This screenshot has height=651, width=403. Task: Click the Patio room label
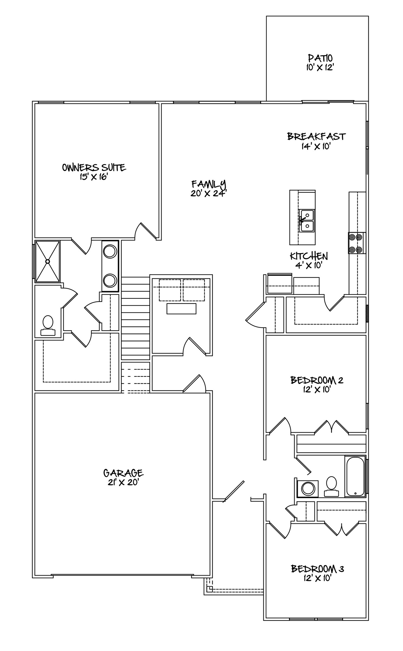click(x=320, y=58)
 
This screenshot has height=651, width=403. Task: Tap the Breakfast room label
click(x=316, y=136)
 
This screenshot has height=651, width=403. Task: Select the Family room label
click(x=208, y=184)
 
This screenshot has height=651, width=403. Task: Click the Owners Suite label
click(x=94, y=167)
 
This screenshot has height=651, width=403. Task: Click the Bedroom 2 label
click(x=317, y=380)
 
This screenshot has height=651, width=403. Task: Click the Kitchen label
click(x=309, y=256)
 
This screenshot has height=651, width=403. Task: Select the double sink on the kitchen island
click(x=306, y=221)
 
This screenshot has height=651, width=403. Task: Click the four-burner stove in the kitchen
click(x=356, y=243)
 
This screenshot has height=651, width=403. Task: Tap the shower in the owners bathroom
click(x=47, y=261)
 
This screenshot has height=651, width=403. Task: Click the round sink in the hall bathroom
click(x=308, y=489)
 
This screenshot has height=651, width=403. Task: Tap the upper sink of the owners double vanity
click(x=110, y=251)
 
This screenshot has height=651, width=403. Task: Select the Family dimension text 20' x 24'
click(x=208, y=193)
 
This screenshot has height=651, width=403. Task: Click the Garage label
click(x=123, y=473)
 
